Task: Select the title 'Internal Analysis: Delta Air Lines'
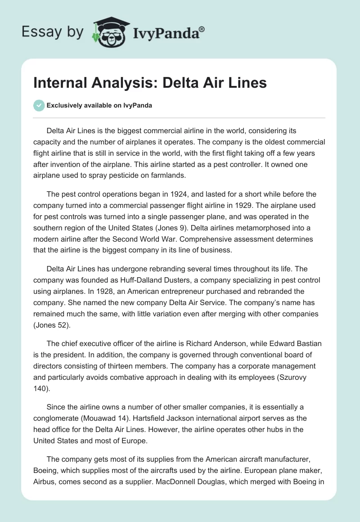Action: [150, 83]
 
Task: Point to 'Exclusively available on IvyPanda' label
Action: [99, 105]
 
